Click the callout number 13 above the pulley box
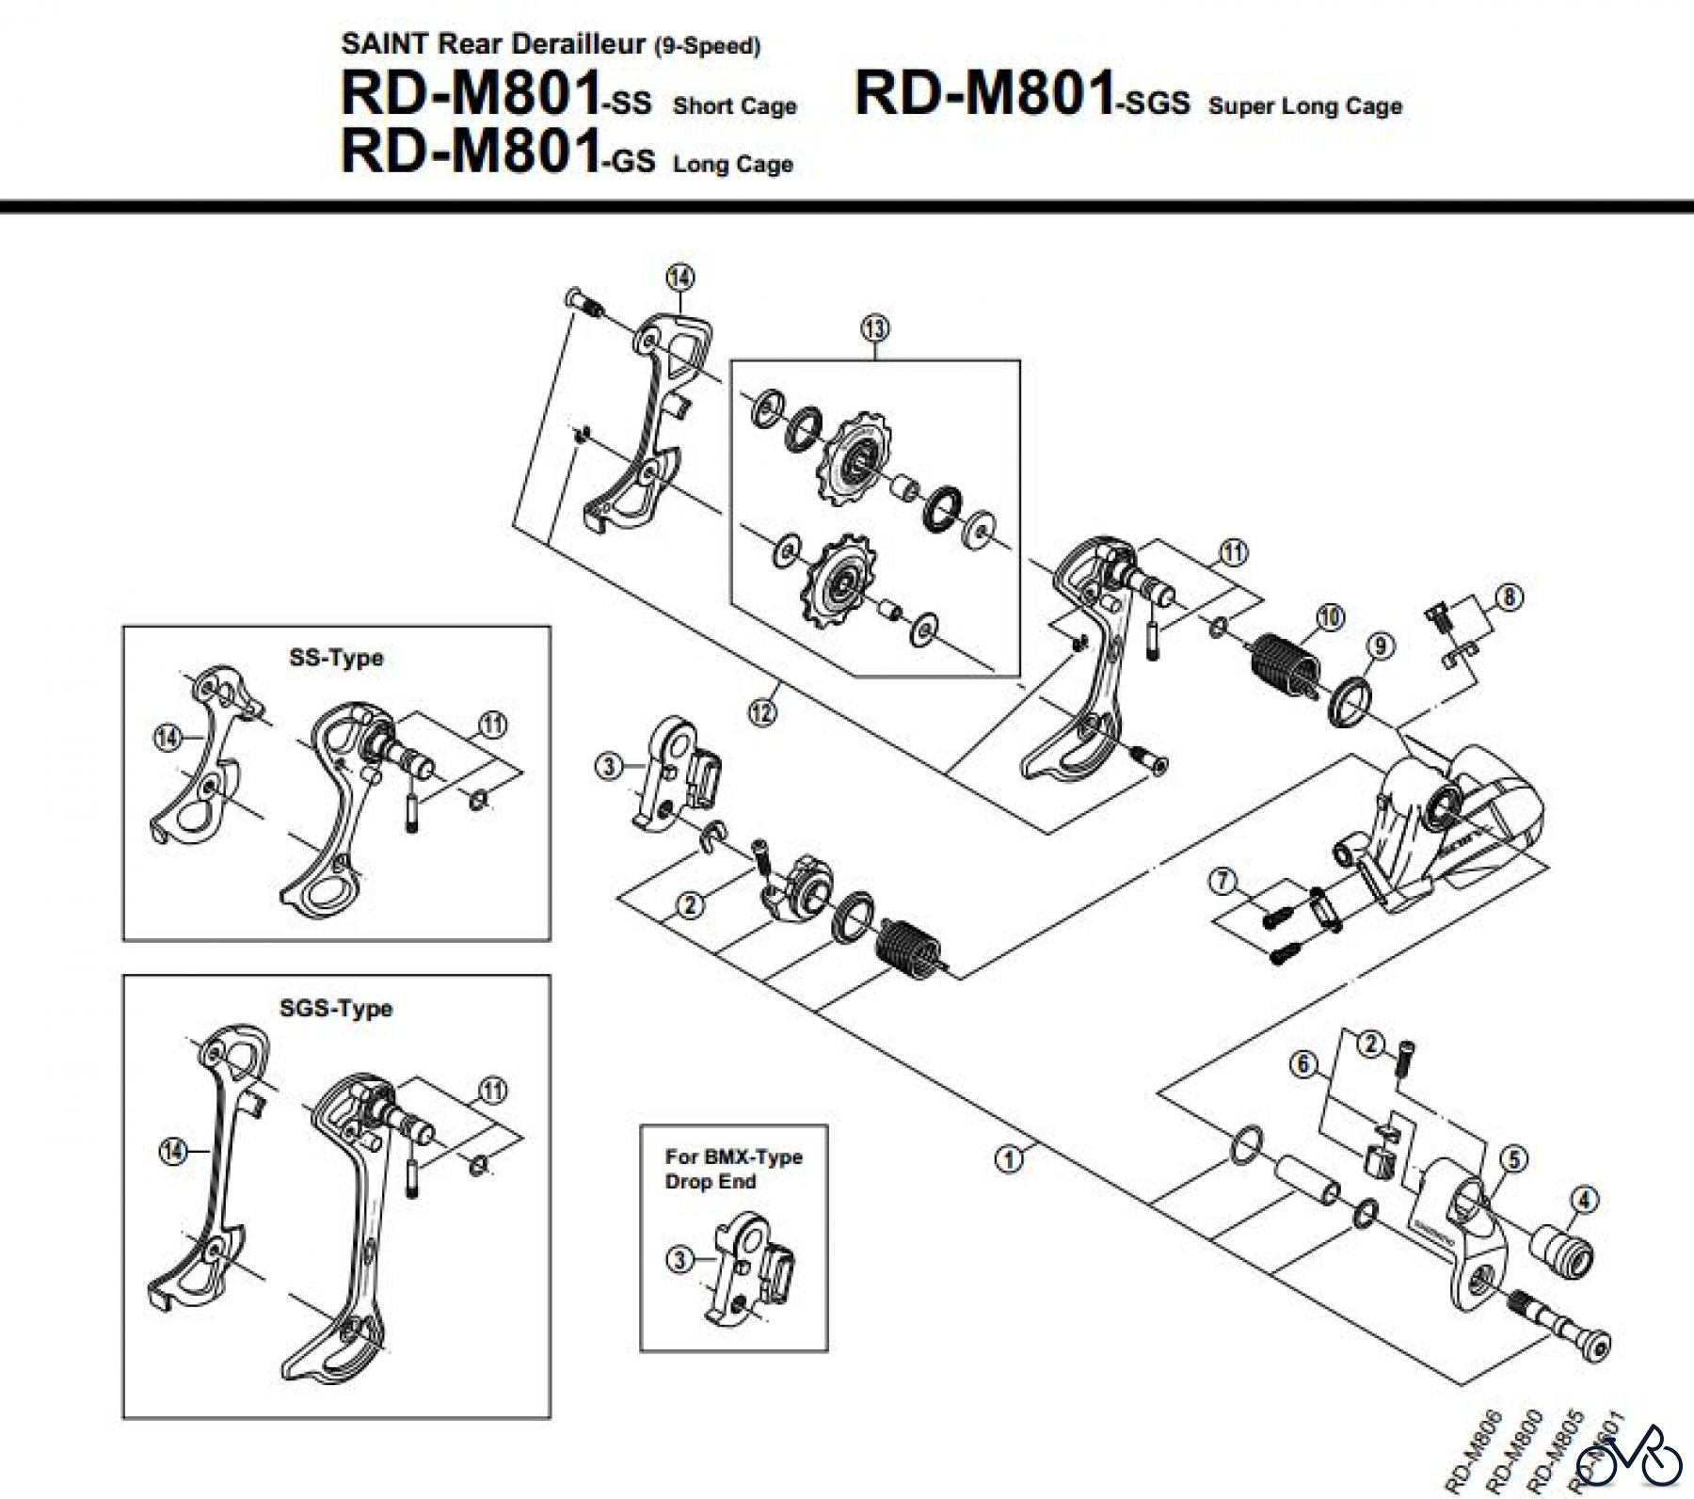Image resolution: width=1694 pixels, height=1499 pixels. (x=874, y=328)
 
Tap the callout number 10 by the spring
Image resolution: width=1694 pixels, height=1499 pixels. (x=1329, y=618)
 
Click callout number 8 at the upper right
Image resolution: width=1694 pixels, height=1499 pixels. (x=1509, y=597)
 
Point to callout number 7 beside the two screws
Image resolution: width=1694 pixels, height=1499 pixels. (x=1223, y=882)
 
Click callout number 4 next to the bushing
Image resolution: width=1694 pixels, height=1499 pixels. (x=1585, y=1200)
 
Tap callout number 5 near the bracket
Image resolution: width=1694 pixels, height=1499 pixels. (x=1513, y=1160)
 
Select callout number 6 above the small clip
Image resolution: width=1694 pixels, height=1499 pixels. (x=1302, y=1066)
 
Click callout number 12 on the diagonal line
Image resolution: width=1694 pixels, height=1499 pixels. (x=762, y=712)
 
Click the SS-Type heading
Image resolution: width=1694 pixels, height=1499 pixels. (x=336, y=658)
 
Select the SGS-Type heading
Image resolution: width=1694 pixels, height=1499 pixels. (x=336, y=1009)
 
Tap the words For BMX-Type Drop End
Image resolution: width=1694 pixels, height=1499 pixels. (x=733, y=1169)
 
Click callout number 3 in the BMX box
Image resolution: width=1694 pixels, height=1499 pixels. (x=679, y=1258)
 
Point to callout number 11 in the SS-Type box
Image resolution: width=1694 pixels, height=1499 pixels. (x=492, y=725)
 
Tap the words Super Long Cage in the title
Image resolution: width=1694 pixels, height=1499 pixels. (x=1305, y=106)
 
